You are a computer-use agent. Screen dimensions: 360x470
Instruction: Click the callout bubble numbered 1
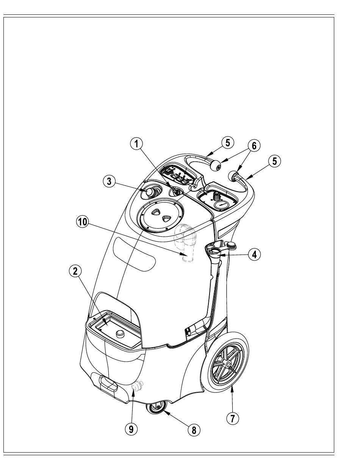coord(137,144)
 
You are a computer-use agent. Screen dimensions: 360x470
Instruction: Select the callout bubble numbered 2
coord(75,271)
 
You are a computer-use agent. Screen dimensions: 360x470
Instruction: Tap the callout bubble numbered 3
coord(109,181)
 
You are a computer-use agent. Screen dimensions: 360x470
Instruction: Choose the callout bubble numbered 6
coord(254,146)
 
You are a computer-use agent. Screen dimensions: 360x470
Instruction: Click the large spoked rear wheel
coord(225,363)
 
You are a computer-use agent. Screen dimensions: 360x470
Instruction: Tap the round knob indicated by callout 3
coord(150,192)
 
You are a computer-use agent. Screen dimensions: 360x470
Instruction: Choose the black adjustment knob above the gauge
coord(216,195)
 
